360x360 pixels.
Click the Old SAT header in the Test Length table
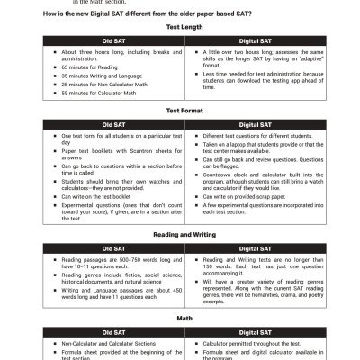(x=114, y=41)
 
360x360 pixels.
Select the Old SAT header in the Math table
(x=114, y=331)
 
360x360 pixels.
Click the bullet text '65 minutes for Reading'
(x=90, y=67)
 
